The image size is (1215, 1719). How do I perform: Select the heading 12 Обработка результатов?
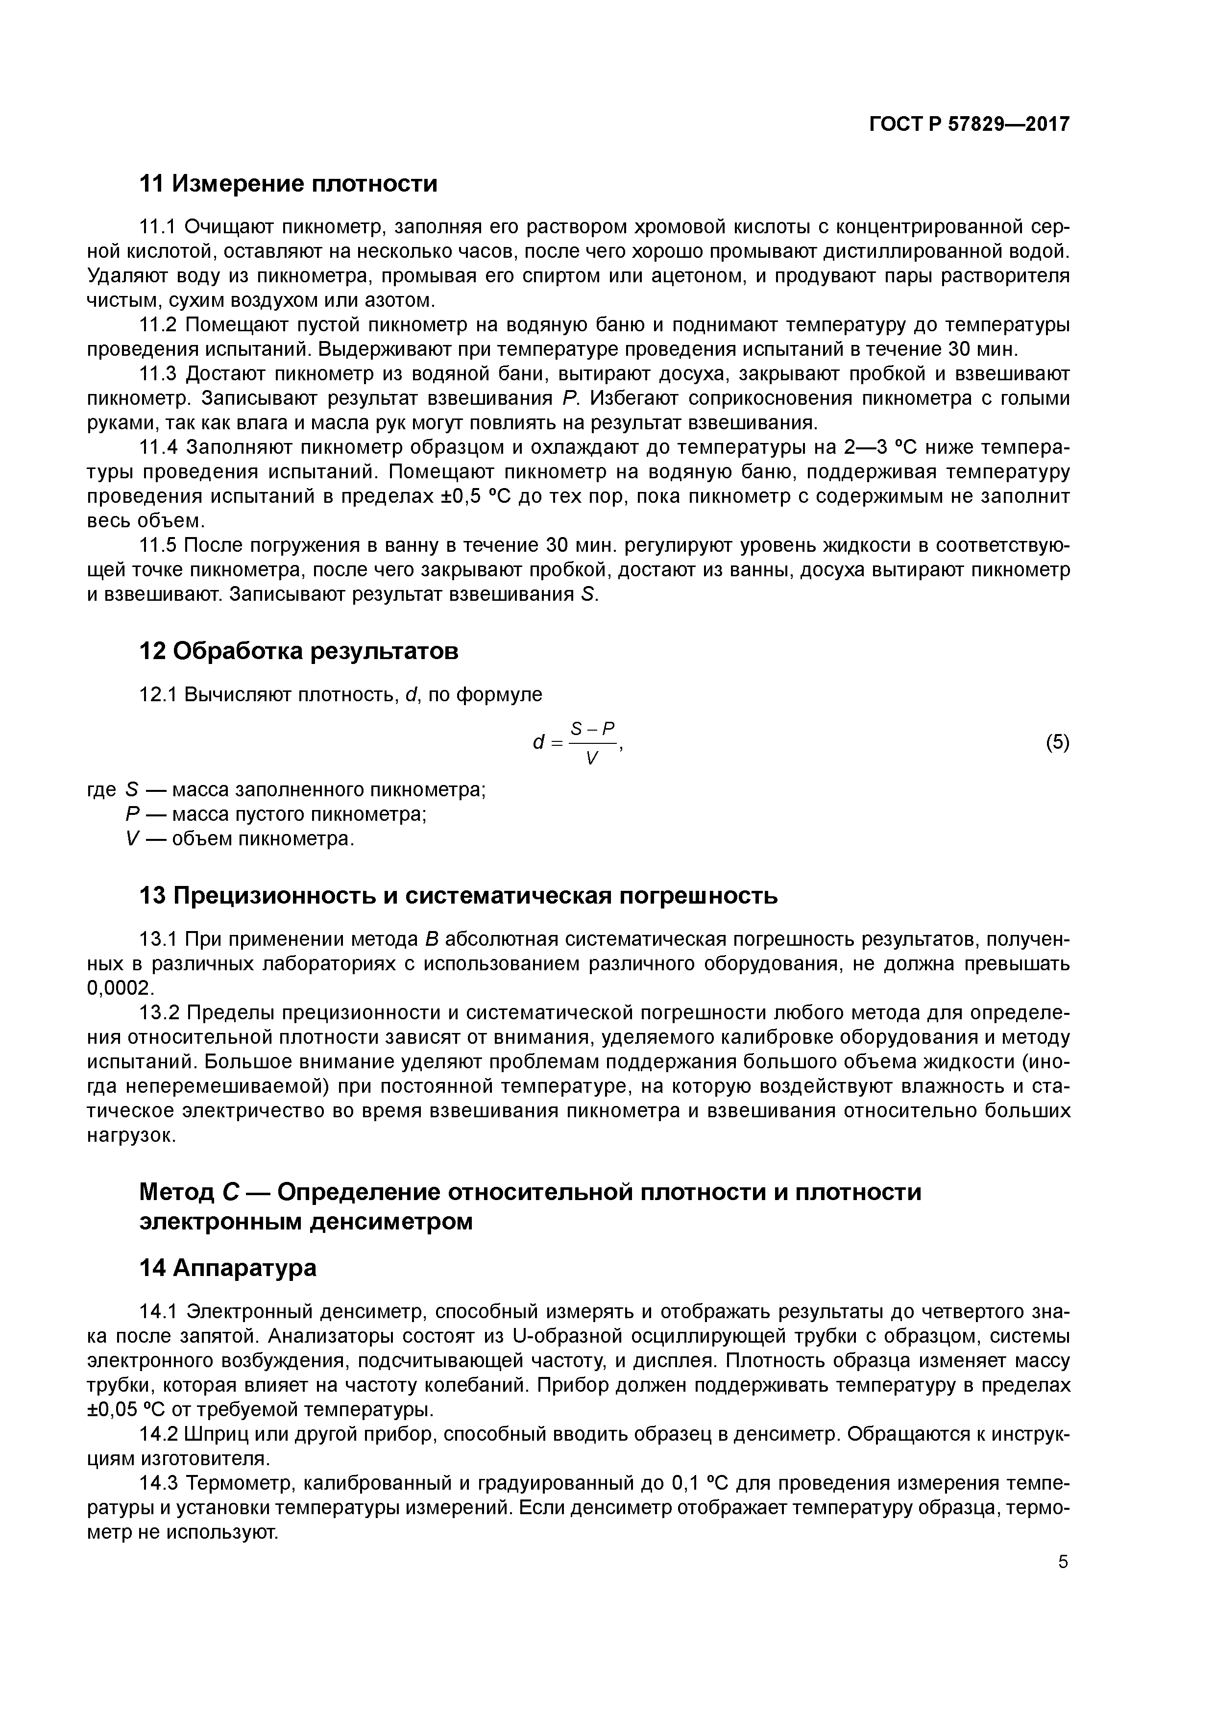(299, 651)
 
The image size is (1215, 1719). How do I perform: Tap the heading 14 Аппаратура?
(228, 1268)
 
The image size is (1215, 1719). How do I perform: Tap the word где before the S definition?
(102, 790)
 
